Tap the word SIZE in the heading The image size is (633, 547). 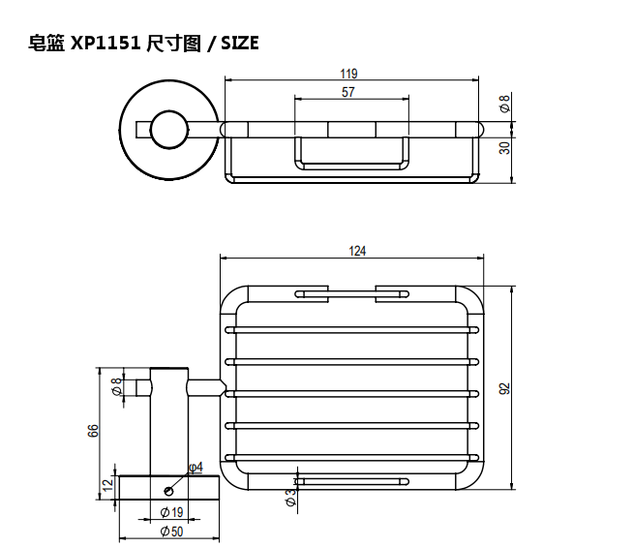240,44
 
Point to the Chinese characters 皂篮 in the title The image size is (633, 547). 47,44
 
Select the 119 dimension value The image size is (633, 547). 349,74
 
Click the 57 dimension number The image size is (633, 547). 348,92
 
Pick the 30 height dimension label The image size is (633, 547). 504,147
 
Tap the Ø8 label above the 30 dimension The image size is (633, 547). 504,103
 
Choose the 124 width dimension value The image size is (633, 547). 357,251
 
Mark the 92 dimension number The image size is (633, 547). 504,388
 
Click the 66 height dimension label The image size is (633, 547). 94,431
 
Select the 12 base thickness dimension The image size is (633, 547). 108,484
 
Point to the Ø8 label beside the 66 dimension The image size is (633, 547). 117,387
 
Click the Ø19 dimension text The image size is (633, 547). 171,512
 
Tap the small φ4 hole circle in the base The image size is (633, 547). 169,489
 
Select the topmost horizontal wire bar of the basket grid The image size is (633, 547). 352,330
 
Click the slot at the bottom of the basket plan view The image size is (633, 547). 351,481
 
